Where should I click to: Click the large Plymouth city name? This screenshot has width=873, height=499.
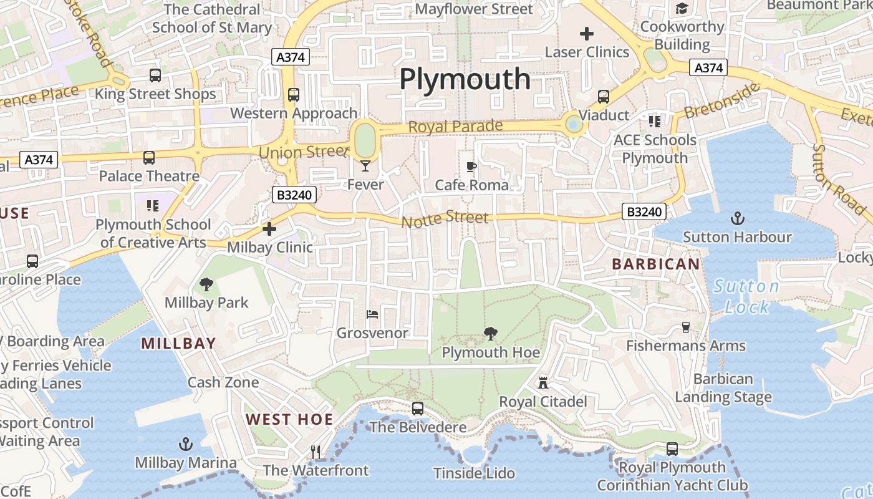click(x=465, y=80)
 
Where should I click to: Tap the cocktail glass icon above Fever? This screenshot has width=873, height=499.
click(x=365, y=165)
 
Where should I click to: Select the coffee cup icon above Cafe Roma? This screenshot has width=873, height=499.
click(x=471, y=167)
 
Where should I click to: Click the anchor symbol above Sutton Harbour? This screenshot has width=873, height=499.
click(x=738, y=218)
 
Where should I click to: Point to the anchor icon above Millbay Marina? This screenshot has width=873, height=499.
click(x=185, y=444)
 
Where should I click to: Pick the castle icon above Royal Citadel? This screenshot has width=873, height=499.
click(x=543, y=382)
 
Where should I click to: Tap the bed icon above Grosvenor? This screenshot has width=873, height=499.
click(x=372, y=314)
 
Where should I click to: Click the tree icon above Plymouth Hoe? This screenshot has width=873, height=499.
click(x=491, y=334)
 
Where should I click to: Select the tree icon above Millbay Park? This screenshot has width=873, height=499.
click(x=206, y=284)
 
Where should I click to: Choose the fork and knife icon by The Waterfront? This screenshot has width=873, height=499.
click(x=316, y=452)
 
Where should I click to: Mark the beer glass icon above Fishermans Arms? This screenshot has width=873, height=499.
click(x=686, y=327)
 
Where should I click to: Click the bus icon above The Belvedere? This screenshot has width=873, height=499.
click(x=418, y=409)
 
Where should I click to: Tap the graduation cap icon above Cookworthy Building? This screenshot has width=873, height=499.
click(x=682, y=9)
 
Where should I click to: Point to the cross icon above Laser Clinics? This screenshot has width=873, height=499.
click(x=587, y=34)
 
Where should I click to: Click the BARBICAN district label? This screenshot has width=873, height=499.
click(x=656, y=264)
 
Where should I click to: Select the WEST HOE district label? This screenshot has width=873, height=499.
click(x=289, y=419)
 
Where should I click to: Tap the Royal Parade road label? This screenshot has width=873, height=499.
click(x=455, y=127)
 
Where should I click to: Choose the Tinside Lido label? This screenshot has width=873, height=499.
click(x=474, y=473)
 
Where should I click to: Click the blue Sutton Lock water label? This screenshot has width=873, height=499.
click(x=746, y=296)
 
